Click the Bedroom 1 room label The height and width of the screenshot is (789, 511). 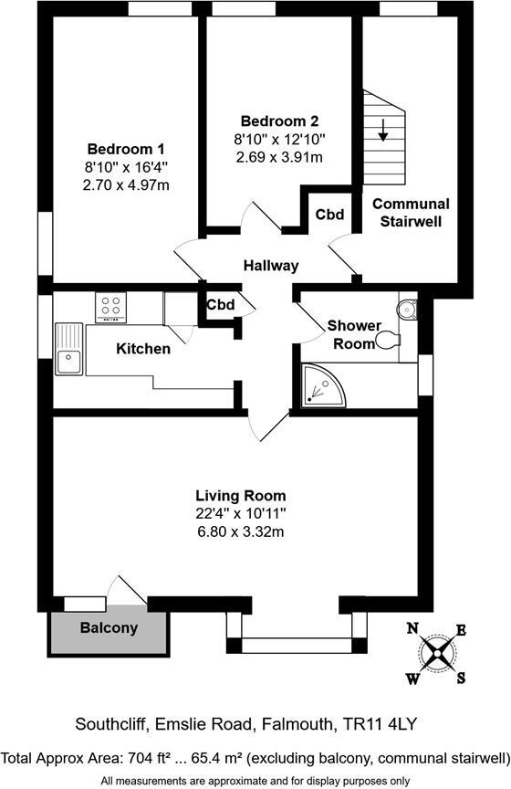click(x=126, y=150)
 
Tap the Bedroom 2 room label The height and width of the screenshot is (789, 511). click(x=279, y=121)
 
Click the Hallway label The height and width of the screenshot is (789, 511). click(x=271, y=266)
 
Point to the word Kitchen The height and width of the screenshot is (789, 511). click(x=143, y=349)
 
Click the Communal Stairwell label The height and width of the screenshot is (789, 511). click(x=411, y=212)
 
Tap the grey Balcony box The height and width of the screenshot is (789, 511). click(x=109, y=628)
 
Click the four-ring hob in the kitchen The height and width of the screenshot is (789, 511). click(x=112, y=308)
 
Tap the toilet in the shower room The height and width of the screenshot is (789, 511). click(x=389, y=340)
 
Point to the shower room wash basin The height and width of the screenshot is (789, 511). click(x=405, y=309)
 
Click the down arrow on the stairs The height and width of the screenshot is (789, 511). click(x=383, y=131)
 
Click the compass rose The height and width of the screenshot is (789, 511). click(x=437, y=652)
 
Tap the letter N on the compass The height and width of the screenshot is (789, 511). click(x=412, y=628)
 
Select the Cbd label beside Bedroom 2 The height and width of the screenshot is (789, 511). click(x=329, y=216)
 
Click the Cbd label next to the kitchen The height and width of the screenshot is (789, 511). click(x=221, y=305)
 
